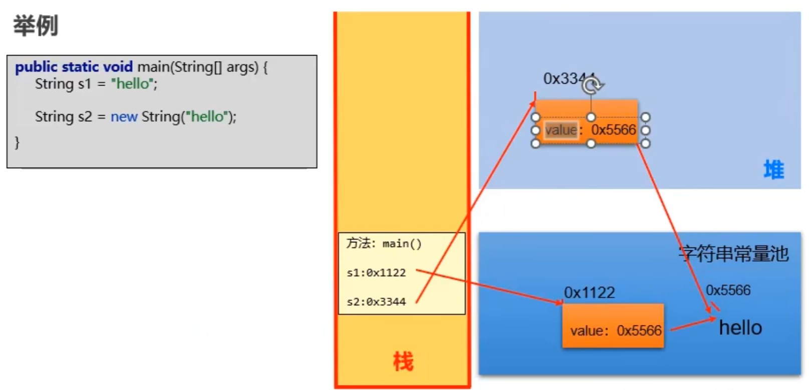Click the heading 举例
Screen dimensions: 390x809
36,26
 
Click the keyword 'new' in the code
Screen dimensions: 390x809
124,117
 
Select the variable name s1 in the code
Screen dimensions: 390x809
84,84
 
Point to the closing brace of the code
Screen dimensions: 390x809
17,142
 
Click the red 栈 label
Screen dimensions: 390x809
403,361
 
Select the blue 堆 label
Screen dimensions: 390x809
773,170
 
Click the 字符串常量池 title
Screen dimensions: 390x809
733,254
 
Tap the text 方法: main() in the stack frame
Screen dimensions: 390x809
384,244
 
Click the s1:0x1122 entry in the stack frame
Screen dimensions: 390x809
376,273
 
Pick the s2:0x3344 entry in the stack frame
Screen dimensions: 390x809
376,302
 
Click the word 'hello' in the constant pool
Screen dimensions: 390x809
740,328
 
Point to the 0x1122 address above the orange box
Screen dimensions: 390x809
589,292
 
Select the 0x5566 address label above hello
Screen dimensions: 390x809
728,290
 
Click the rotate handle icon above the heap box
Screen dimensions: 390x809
592,85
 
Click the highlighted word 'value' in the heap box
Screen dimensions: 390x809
561,130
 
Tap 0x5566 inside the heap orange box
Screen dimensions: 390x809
613,130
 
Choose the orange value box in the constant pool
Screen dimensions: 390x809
613,325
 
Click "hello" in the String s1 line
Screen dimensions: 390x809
133,84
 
